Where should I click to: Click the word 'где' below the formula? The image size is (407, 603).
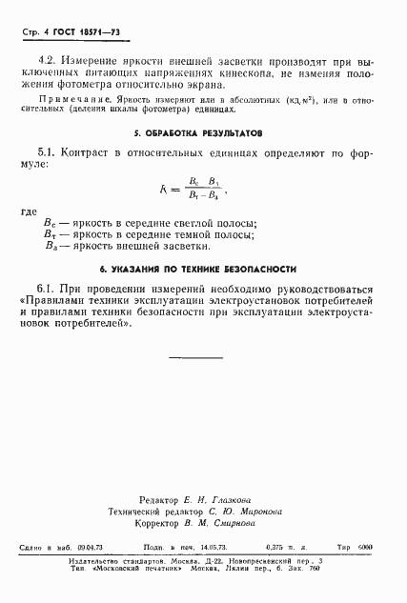30,213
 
